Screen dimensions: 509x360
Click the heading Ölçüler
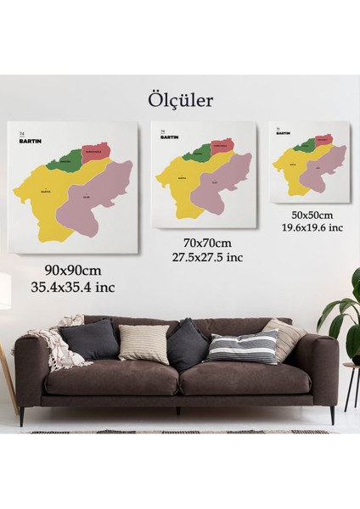point(180,100)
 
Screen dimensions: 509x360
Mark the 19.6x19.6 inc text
point(312,227)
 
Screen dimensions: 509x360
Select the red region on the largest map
point(97,153)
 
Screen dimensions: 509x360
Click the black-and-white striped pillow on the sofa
point(242,347)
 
